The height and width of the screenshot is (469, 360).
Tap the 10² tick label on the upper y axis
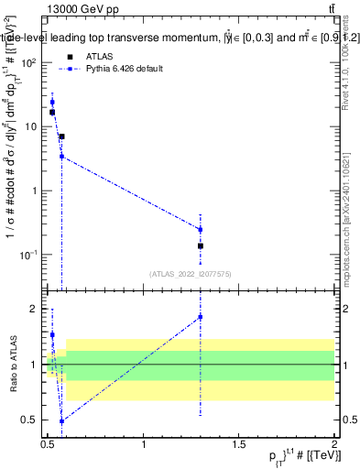click(27, 62)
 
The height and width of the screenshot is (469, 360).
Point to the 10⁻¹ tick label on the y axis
click(27, 254)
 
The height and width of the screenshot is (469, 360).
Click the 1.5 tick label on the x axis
click(239, 444)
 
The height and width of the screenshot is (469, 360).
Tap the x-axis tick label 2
click(334, 444)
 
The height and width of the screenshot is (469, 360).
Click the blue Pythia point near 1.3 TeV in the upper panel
click(201, 229)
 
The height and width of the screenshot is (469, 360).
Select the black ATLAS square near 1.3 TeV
click(201, 245)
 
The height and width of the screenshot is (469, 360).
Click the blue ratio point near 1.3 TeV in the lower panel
click(201, 317)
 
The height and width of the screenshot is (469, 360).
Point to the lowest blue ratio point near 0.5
click(61, 421)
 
